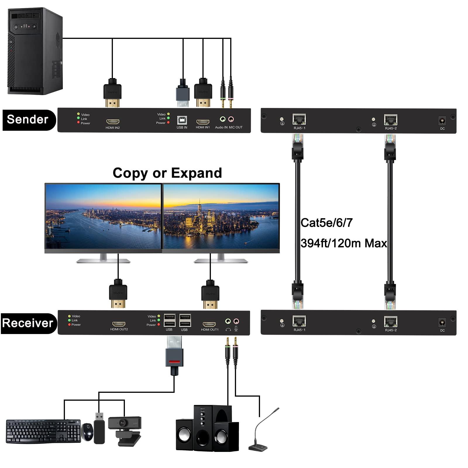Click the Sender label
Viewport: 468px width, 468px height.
tap(28, 120)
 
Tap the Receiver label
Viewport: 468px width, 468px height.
tap(28, 323)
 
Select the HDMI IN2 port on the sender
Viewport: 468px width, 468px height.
tap(113, 122)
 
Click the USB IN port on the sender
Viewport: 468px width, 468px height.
tap(182, 121)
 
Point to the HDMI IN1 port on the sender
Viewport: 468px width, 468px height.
tap(203, 122)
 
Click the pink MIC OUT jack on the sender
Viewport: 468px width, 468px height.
tap(231, 119)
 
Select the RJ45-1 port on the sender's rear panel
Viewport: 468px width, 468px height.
tap(299, 120)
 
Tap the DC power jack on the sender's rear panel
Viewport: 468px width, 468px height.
tap(442, 121)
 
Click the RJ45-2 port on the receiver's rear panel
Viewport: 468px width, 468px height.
tap(390, 322)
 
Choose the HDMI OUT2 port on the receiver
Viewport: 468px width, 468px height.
tap(119, 324)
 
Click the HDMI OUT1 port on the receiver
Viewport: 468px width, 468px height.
tap(209, 324)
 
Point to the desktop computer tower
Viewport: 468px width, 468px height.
tap(35, 51)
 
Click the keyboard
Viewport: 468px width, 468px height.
tap(43, 431)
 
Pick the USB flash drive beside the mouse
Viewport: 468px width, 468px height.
tap(99, 429)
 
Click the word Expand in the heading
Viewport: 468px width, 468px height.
tap(196, 173)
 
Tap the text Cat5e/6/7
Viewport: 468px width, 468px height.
tap(326, 223)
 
